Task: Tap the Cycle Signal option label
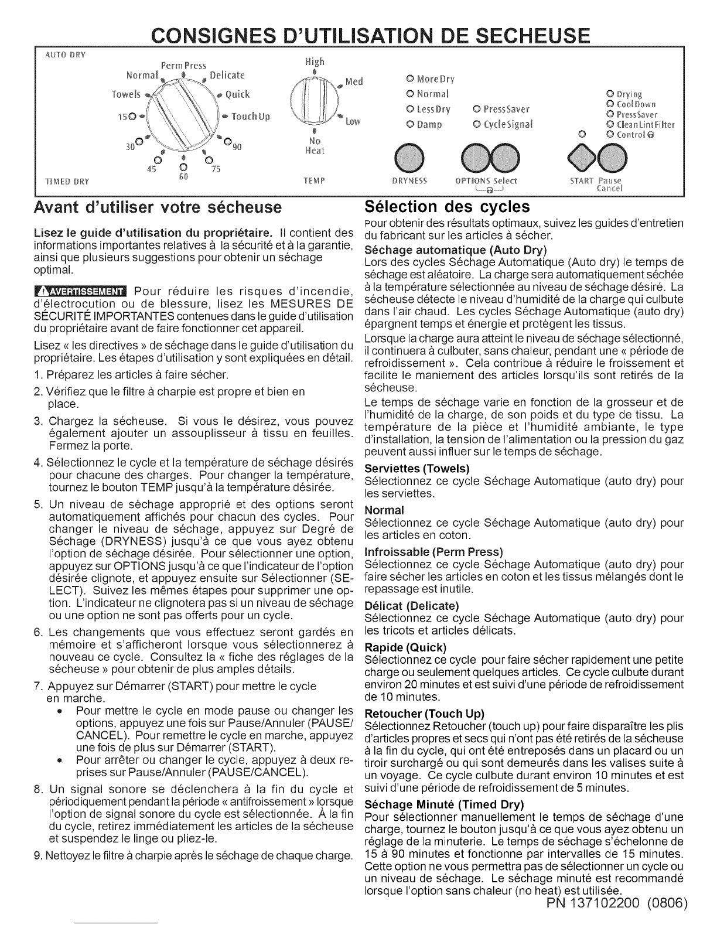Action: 503,125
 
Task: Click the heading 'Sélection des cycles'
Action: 446,207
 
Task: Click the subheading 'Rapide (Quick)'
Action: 405,647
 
